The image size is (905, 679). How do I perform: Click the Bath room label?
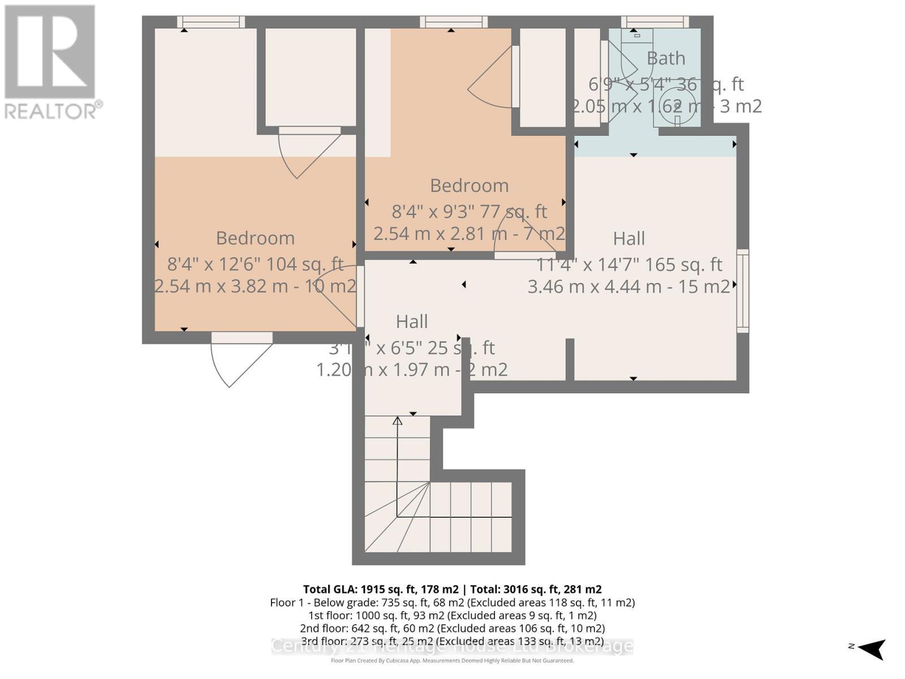point(666,58)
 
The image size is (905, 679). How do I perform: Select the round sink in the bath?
point(676,104)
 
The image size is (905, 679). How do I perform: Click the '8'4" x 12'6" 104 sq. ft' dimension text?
point(255,264)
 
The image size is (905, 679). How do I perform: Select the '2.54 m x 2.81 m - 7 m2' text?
point(469,234)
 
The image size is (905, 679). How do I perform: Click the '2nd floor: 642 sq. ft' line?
point(452,628)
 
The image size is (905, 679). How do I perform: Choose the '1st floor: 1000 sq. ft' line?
point(452,615)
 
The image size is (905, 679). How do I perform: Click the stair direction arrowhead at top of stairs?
point(398,420)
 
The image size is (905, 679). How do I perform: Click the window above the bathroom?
point(655,22)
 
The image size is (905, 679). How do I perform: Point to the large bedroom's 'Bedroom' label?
point(255,238)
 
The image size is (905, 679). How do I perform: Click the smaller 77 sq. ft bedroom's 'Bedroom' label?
point(469,186)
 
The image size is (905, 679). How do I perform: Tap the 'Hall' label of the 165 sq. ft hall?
point(629,239)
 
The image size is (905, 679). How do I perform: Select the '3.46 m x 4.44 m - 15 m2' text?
point(629,287)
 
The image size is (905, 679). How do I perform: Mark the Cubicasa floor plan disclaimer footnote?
point(452,660)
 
